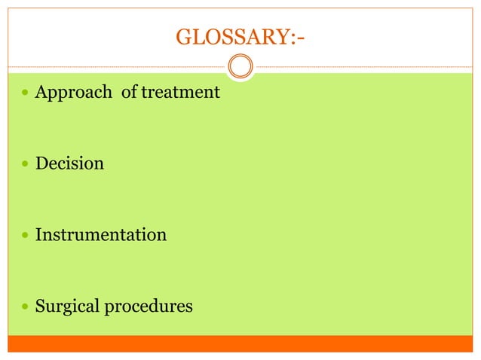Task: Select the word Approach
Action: tap(72, 93)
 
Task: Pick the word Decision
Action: tap(69, 163)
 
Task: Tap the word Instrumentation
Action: tap(101, 234)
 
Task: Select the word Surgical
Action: tap(64, 307)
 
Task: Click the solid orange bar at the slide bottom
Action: tap(240, 343)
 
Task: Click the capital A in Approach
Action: tap(41, 92)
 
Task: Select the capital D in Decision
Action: tap(42, 163)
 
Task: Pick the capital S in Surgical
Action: tap(41, 307)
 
